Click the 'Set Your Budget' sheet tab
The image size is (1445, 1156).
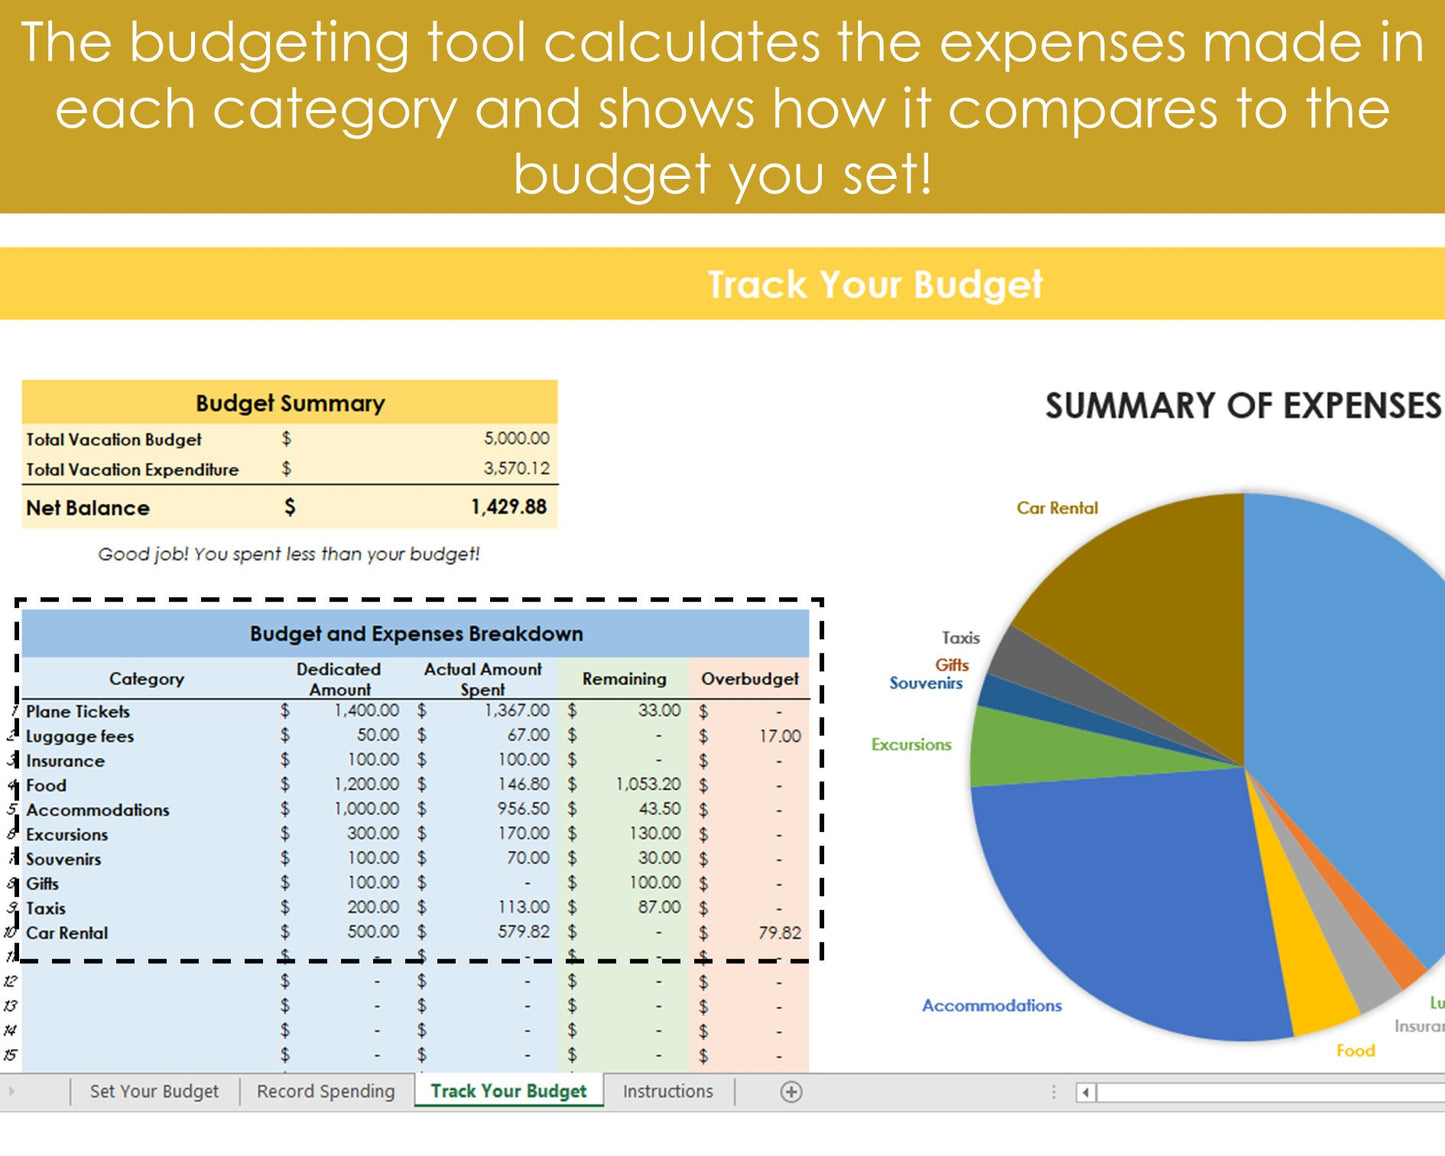[x=154, y=1091]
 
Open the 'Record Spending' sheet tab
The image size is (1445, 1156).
[x=326, y=1091]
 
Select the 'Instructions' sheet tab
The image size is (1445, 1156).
[x=668, y=1091]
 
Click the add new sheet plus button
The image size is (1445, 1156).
[x=791, y=1092]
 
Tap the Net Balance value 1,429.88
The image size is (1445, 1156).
[x=508, y=507]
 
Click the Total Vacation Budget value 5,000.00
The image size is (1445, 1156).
[x=516, y=438]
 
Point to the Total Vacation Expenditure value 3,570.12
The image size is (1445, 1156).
[x=516, y=468]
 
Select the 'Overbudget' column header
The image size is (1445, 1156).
[x=749, y=679]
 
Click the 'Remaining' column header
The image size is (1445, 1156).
[x=624, y=679]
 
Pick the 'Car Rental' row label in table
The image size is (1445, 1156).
[x=67, y=933]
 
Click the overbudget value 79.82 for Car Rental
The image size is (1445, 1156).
[x=779, y=933]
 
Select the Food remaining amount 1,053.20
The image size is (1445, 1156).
[x=648, y=785]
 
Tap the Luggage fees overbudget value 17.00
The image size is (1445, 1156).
[x=779, y=736]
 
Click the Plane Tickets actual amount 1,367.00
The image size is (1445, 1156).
[x=517, y=711]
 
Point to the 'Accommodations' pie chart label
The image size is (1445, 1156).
[x=991, y=1006]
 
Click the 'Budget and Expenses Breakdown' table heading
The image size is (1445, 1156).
[x=416, y=634]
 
